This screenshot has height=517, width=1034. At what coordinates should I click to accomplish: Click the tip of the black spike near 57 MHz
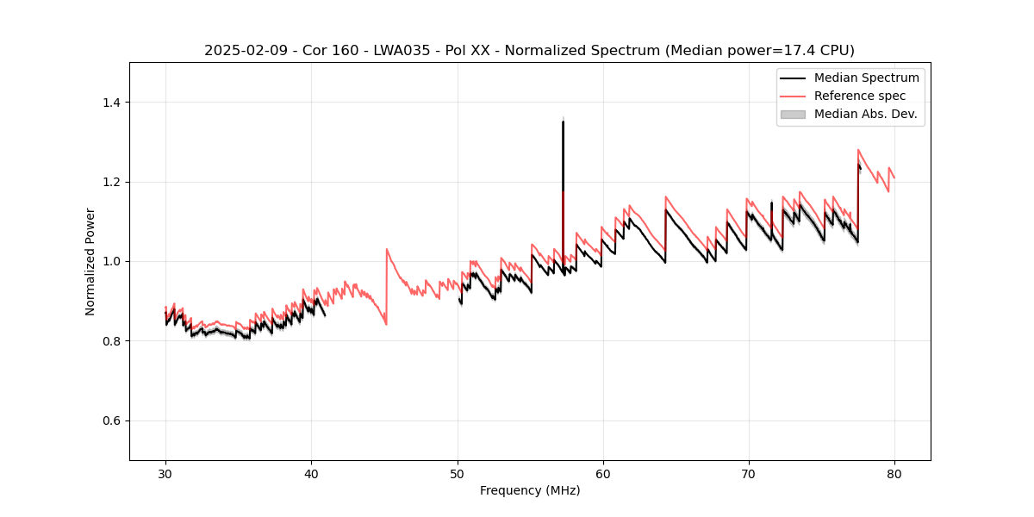563,121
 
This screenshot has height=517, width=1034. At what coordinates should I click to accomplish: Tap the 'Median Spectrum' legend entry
866,78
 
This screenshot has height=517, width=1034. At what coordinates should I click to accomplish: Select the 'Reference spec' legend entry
859,96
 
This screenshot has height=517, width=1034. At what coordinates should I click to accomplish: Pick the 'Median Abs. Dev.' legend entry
865,114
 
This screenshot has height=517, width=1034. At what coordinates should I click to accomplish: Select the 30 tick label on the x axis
166,474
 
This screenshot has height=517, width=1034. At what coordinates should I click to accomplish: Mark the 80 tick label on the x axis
894,474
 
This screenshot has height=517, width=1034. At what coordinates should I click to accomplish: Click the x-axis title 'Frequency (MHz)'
530,490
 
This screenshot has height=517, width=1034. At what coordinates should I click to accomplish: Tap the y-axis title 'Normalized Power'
90,261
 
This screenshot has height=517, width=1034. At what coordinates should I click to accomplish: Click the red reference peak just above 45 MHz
387,249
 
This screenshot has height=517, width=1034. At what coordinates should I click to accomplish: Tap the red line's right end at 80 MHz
894,178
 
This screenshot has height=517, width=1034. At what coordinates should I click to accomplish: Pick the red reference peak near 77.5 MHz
858,150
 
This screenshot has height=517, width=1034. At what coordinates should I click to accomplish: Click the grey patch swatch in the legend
793,114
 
